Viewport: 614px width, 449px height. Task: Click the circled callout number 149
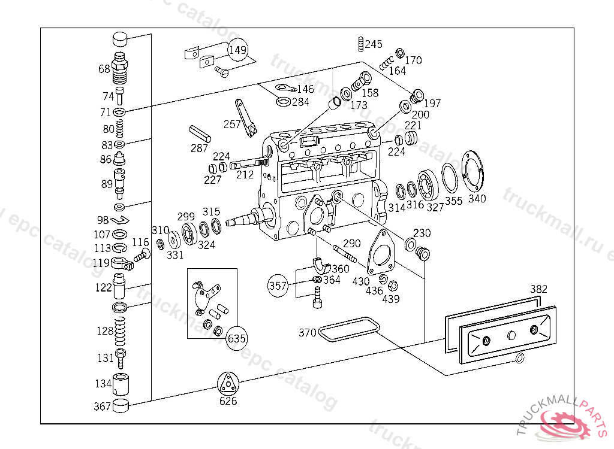tap(238, 50)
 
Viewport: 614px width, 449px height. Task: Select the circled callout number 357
tap(278, 286)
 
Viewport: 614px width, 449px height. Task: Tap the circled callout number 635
tap(237, 338)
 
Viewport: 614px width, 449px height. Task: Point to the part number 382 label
tap(538, 289)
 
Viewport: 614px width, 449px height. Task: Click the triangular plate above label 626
tap(228, 384)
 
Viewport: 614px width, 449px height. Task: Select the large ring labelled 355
tap(450, 178)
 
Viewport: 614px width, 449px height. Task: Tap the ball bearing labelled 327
tap(428, 186)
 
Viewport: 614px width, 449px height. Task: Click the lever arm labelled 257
tap(245, 118)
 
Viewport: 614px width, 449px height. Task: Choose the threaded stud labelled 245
tap(360, 44)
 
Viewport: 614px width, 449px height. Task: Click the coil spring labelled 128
tap(120, 331)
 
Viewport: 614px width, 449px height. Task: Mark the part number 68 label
tap(104, 69)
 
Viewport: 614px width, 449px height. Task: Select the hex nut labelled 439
tap(393, 286)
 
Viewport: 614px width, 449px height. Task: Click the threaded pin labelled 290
tap(345, 253)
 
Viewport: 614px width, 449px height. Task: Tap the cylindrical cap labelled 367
tap(121, 406)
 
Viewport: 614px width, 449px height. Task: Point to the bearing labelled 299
tap(189, 233)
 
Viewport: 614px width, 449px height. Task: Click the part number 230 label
tap(422, 233)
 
